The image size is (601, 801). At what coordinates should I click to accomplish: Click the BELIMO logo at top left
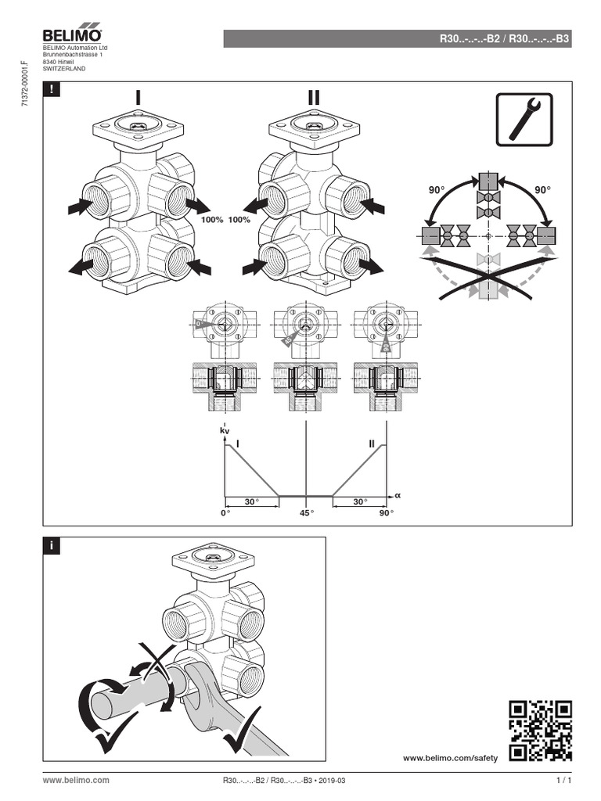tap(72, 36)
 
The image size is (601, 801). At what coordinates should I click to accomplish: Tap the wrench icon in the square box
tap(524, 119)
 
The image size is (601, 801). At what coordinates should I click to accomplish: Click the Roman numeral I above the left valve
tap(139, 98)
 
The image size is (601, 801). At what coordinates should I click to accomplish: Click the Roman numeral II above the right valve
tap(313, 98)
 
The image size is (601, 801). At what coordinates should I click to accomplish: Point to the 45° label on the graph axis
tap(305, 513)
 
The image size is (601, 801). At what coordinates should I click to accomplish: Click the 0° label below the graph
tap(226, 513)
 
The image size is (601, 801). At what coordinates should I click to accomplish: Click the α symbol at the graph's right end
tap(397, 495)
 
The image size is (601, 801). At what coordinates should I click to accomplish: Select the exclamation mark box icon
tap(52, 89)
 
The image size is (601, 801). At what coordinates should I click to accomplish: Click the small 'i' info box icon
tap(52, 547)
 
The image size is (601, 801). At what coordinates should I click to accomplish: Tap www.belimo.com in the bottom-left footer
tap(76, 781)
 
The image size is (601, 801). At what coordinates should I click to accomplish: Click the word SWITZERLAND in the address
tap(64, 69)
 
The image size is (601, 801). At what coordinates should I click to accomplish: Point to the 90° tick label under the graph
tap(386, 513)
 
